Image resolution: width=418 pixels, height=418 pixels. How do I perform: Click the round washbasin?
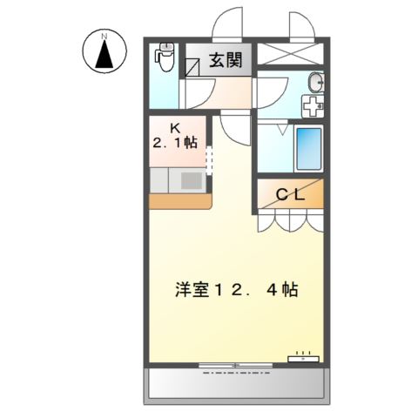click(x=314, y=84)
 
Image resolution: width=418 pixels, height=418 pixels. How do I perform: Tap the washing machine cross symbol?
click(x=312, y=105)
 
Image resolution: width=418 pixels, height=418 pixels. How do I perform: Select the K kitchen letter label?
click(x=175, y=125)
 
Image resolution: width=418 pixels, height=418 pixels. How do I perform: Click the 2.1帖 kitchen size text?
click(x=177, y=141)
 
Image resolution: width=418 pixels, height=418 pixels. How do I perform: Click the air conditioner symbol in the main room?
click(x=304, y=357)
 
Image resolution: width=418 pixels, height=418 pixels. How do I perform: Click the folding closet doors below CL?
click(x=290, y=221)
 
